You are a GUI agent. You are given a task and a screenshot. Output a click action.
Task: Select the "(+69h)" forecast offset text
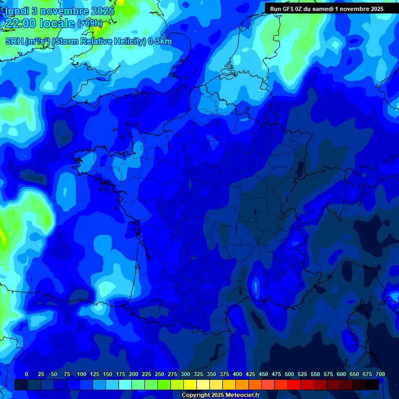click(x=89, y=23)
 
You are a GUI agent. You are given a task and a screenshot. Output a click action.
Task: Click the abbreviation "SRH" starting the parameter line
click(x=14, y=42)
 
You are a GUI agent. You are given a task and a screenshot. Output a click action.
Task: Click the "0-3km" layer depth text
click(x=159, y=42)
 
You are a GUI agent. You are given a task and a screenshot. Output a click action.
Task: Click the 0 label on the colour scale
click(x=26, y=374)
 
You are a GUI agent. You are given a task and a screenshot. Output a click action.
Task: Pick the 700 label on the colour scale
click(x=380, y=374)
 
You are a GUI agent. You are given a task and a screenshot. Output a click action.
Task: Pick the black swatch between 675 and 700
click(x=372, y=385)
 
